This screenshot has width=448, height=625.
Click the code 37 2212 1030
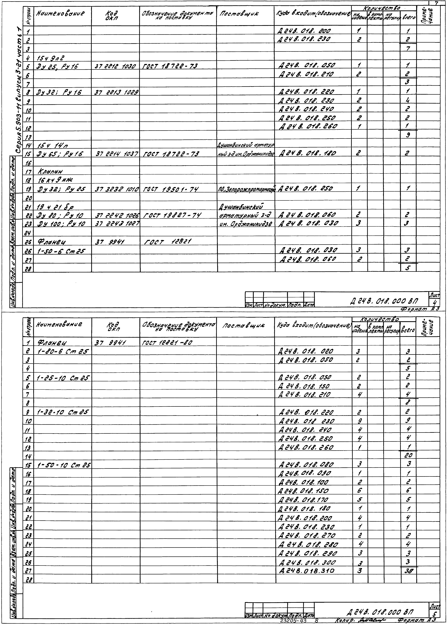[x=115, y=66]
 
